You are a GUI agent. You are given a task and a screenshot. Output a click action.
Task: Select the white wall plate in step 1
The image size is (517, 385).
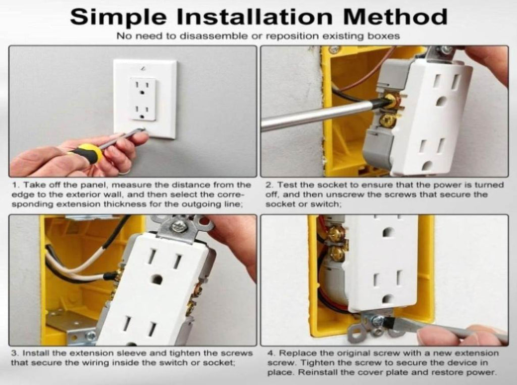145,99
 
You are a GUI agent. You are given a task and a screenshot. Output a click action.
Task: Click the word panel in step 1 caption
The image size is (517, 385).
92,185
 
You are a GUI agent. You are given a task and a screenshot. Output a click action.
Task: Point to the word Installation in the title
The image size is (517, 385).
254,17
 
